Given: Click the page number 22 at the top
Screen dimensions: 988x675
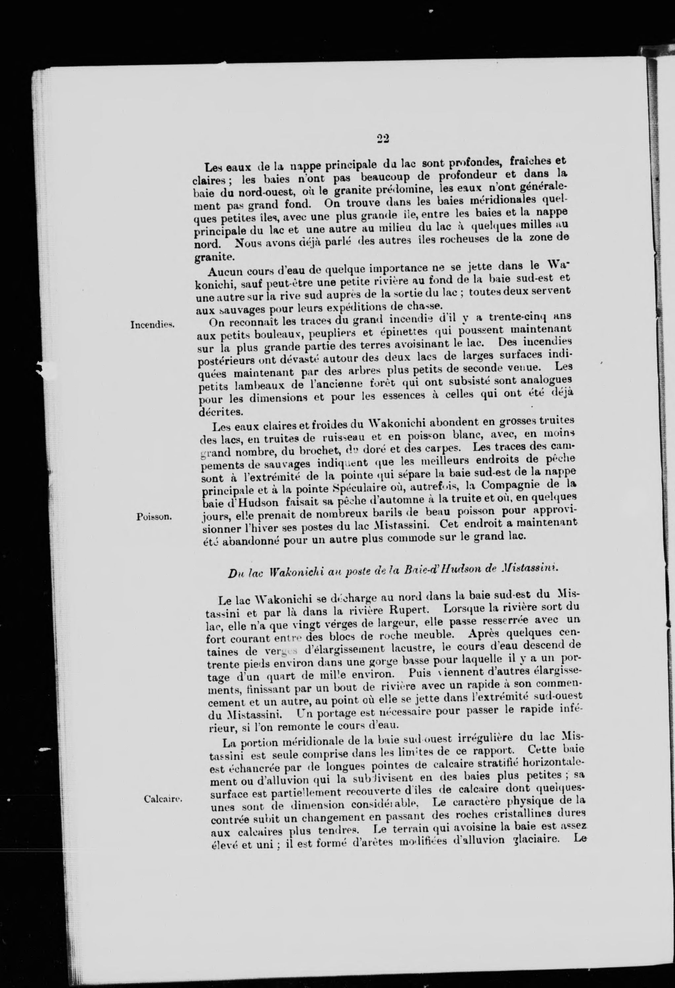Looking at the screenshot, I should coord(383,139).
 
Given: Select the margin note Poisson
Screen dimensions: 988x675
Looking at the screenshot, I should coord(154,517).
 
